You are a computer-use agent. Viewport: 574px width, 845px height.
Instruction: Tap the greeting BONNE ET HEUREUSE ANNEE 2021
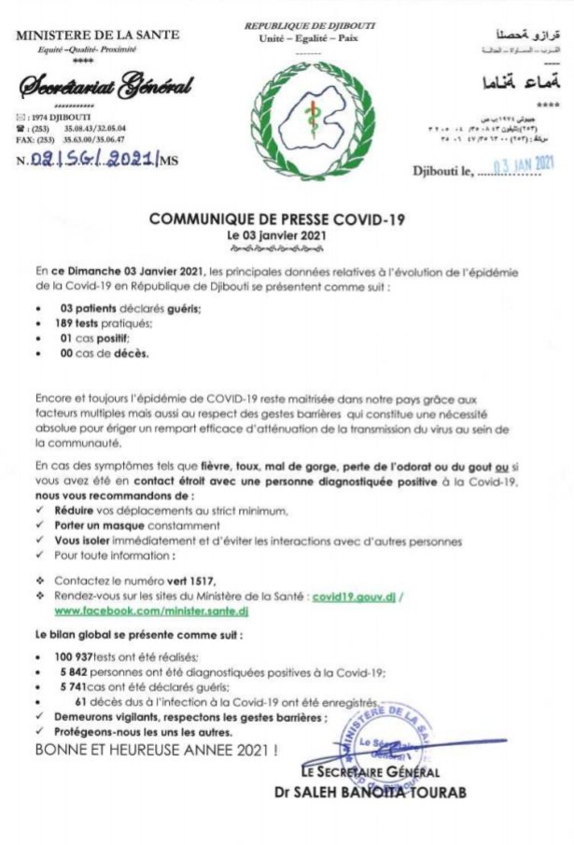point(156,749)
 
